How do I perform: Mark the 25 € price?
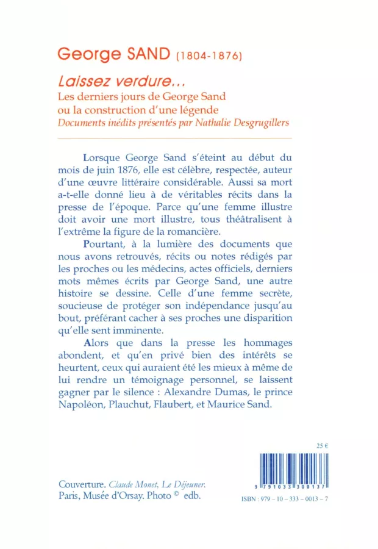(323, 446)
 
